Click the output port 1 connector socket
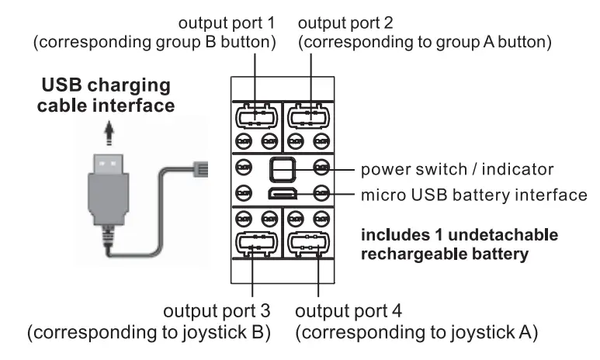pos(256,116)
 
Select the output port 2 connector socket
pos(308,116)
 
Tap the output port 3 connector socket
pos(256,244)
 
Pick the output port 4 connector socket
pos(308,244)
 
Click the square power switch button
pos(283,169)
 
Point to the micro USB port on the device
pos(283,194)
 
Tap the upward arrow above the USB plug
pos(109,133)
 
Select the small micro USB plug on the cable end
pos(200,169)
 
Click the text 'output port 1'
pos(227,23)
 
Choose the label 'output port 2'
pos(345,23)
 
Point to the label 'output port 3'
pos(217,311)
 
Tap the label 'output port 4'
pos(349,311)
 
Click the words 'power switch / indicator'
pos(457,169)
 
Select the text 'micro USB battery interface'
pos(474,195)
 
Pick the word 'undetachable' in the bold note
pos(503,234)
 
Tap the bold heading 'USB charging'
pos(106,85)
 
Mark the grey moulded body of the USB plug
pos(109,199)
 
